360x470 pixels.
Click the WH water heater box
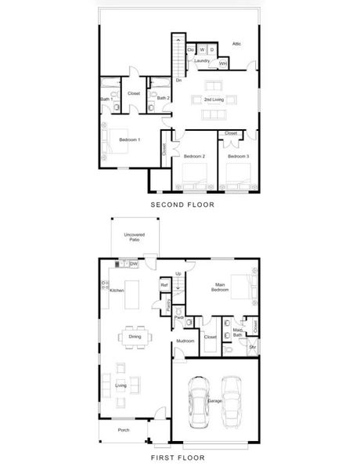tap(224, 63)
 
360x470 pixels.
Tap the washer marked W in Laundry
tap(202, 49)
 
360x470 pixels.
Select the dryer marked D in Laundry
tap(212, 49)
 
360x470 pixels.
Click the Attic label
tap(236, 44)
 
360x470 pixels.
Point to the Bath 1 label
tap(106, 99)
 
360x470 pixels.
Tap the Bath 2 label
tap(163, 98)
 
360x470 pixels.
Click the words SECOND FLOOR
tap(182, 204)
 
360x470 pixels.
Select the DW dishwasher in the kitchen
tap(133, 264)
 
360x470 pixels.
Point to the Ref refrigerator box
tap(164, 285)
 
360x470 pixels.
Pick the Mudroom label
tap(185, 341)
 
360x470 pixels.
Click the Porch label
tap(123, 429)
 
